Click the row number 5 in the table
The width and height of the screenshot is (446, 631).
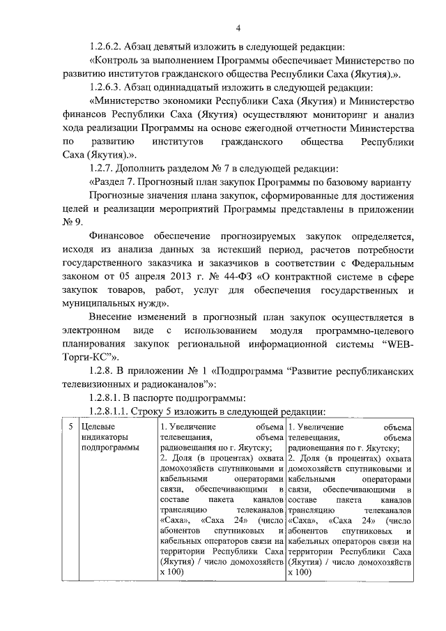tap(72, 426)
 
